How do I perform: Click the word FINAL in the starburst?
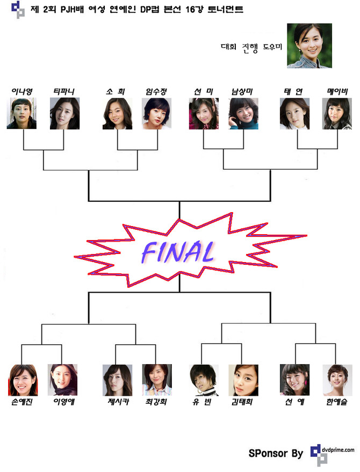tap(176, 250)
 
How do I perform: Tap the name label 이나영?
tap(23, 92)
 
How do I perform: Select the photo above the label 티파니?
tap(64, 113)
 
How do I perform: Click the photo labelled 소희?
tap(117, 113)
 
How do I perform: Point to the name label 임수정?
tap(157, 92)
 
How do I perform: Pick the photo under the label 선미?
tap(204, 113)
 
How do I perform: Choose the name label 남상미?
tap(243, 92)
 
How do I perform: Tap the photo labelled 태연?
tap(294, 113)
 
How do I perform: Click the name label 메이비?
tap(337, 92)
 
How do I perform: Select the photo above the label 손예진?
tap(23, 380)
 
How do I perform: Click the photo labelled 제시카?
tap(117, 380)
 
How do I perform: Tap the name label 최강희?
tap(156, 402)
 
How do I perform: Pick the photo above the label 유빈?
tap(204, 380)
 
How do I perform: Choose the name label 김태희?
tap(243, 402)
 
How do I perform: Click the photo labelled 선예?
tap(294, 380)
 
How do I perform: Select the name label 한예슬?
tap(336, 402)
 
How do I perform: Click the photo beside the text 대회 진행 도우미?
tap(309, 46)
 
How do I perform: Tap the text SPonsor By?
tap(276, 454)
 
